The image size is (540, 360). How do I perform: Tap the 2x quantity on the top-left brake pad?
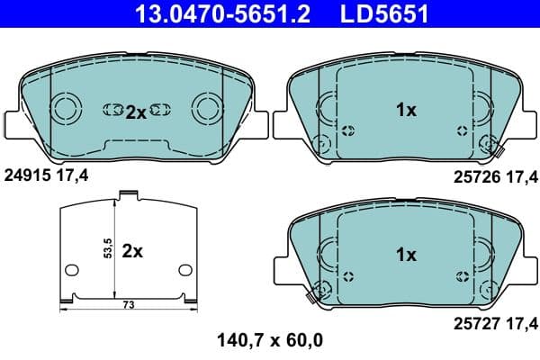[x=135, y=112]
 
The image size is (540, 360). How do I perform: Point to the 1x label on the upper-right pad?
[x=406, y=110]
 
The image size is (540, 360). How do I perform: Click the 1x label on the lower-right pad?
[x=406, y=255]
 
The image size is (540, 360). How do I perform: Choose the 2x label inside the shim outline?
[x=132, y=251]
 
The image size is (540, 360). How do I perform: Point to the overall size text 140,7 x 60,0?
[x=270, y=340]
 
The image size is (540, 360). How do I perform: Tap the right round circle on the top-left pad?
[x=206, y=111]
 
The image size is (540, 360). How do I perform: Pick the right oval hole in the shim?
[x=185, y=269]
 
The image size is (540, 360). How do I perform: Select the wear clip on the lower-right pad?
[x=314, y=290]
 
